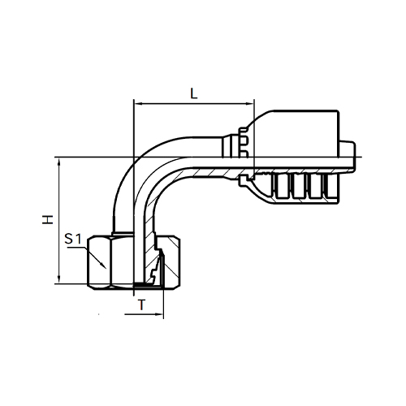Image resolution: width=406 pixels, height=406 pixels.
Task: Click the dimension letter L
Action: pyautogui.click(x=194, y=94)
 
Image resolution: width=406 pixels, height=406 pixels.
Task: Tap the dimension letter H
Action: pyautogui.click(x=48, y=219)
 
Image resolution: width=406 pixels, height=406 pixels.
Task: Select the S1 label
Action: pyautogui.click(x=73, y=239)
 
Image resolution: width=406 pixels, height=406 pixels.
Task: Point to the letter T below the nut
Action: pyautogui.click(x=141, y=304)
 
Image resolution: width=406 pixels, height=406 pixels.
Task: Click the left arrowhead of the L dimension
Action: pyautogui.click(x=137, y=104)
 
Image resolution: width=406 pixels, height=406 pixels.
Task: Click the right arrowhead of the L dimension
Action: pyautogui.click(x=251, y=104)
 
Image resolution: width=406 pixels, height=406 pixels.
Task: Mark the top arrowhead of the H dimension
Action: pyautogui.click(x=59, y=161)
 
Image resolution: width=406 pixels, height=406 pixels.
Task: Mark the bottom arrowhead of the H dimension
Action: pyautogui.click(x=59, y=280)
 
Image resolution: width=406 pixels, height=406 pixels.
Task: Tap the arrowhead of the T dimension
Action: pyautogui.click(x=160, y=314)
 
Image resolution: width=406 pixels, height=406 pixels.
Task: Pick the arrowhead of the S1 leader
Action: pyautogui.click(x=103, y=266)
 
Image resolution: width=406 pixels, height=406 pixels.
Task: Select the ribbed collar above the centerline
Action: pyautogui.click(x=244, y=143)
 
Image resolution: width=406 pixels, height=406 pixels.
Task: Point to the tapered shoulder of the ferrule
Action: pyautogui.click(x=261, y=119)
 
